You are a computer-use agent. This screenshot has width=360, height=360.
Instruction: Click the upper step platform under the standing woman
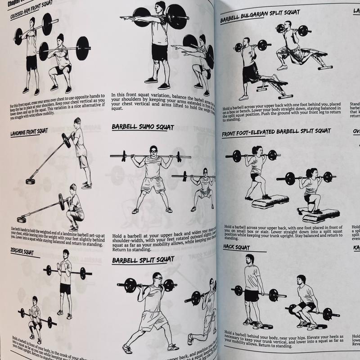[x=270, y=201]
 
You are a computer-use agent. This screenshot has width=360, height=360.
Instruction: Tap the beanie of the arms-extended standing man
[x=161, y=5]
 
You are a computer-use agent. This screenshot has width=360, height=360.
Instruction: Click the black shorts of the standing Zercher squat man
[x=65, y=288]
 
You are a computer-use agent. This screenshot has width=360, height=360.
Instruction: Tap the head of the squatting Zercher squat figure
[x=35, y=300]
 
